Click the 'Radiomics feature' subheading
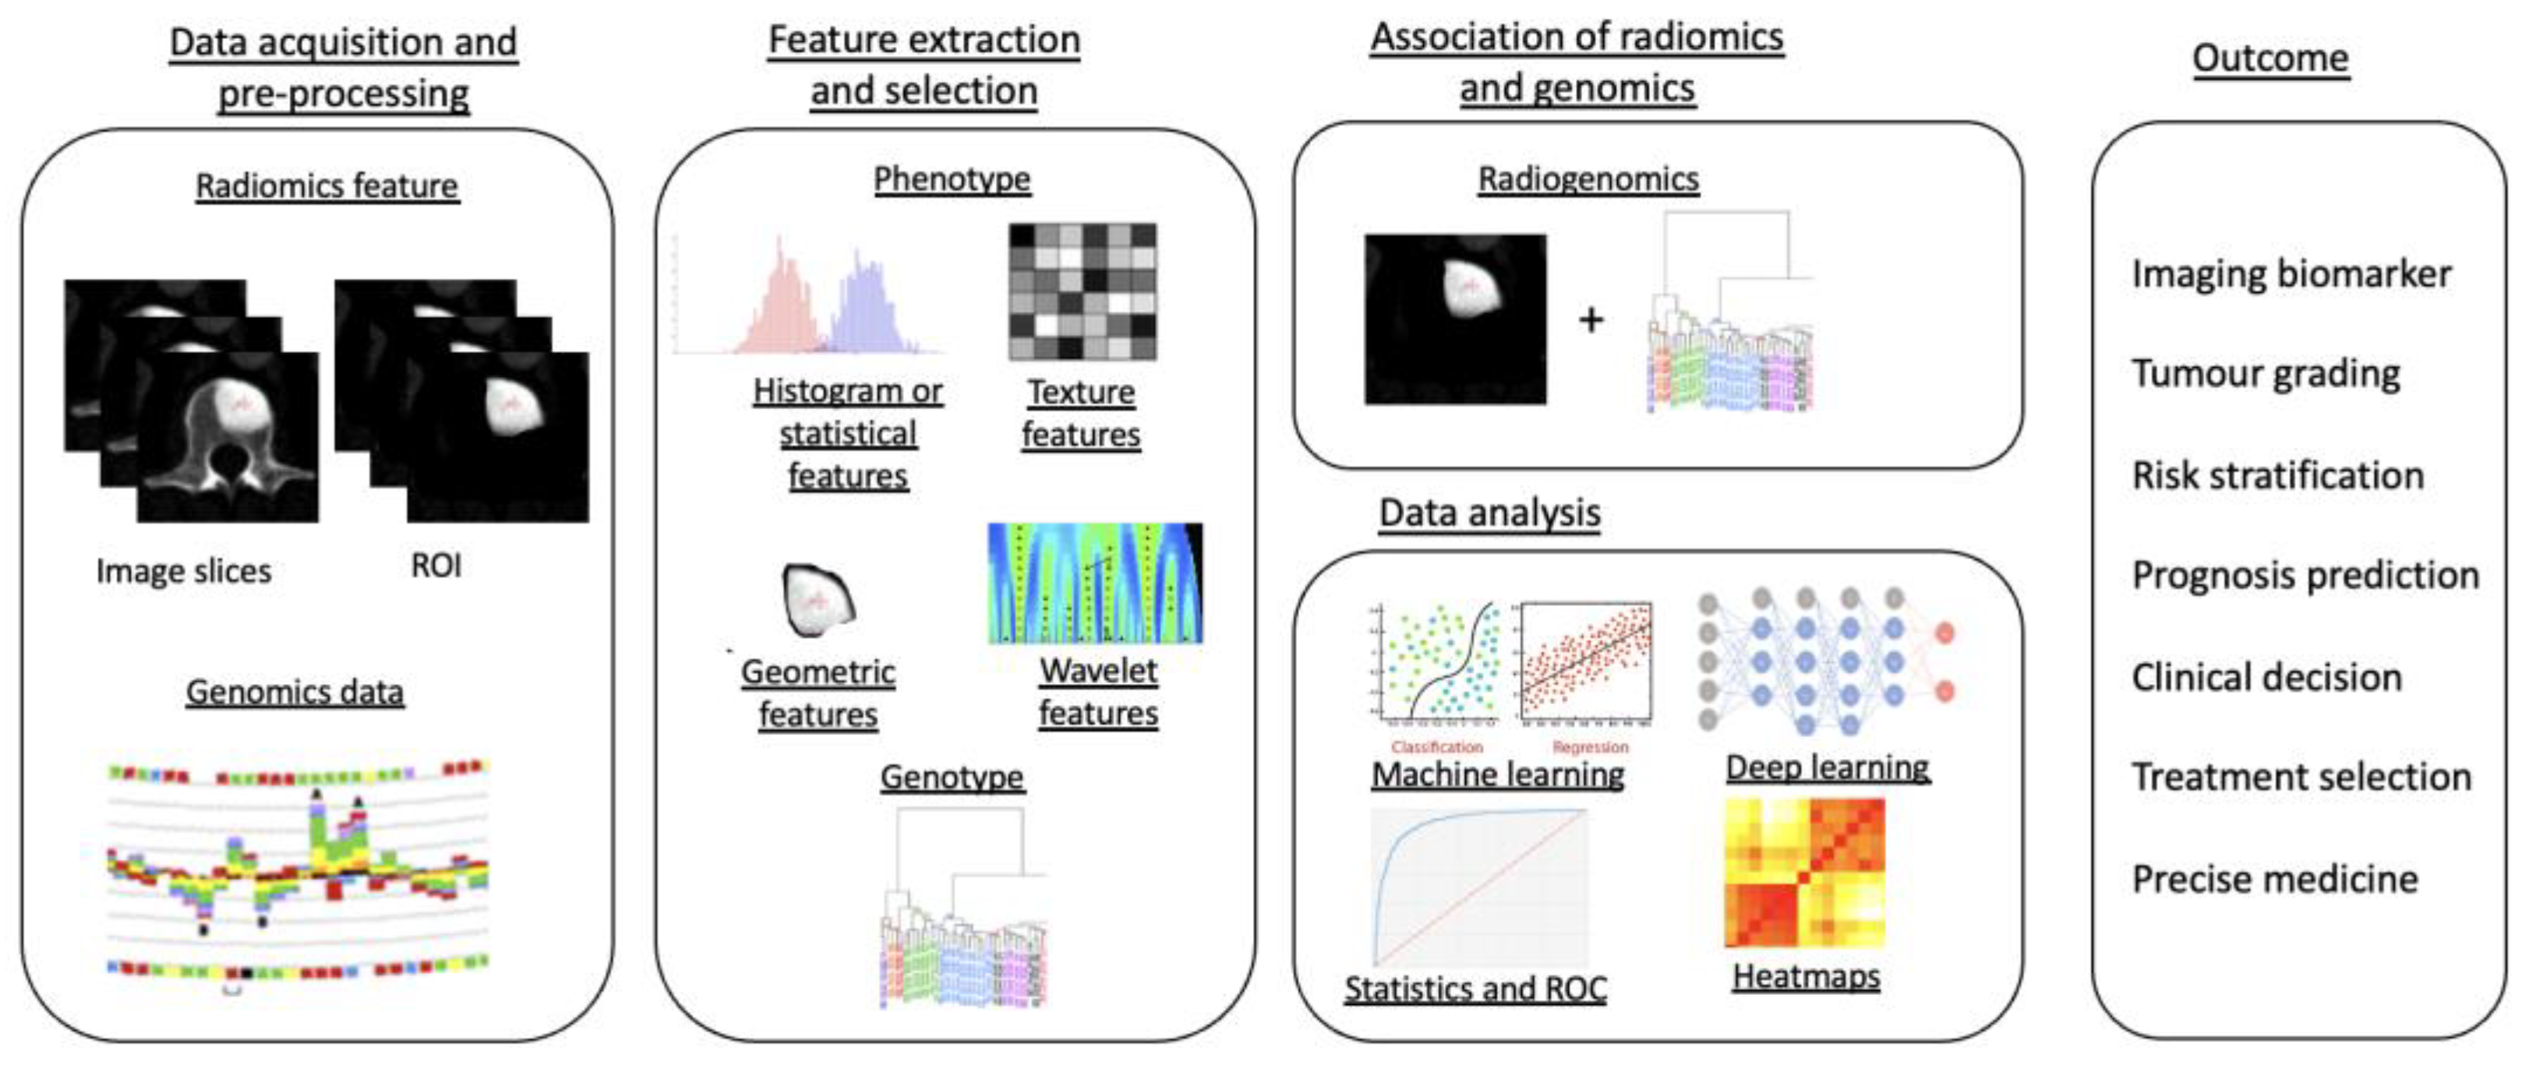(327, 185)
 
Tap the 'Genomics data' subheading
(295, 692)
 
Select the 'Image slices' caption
(184, 570)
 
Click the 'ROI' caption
(436, 566)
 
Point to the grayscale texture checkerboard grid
(1082, 291)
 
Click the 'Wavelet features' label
(1099, 692)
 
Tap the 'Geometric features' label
(818, 693)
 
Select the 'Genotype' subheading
(952, 778)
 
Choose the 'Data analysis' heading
(1489, 513)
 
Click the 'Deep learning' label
(1828, 767)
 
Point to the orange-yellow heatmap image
(1804, 873)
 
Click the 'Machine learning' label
(1497, 774)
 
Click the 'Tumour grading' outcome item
(2266, 373)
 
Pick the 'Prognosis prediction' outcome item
(2305, 575)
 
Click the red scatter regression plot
(1585, 662)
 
